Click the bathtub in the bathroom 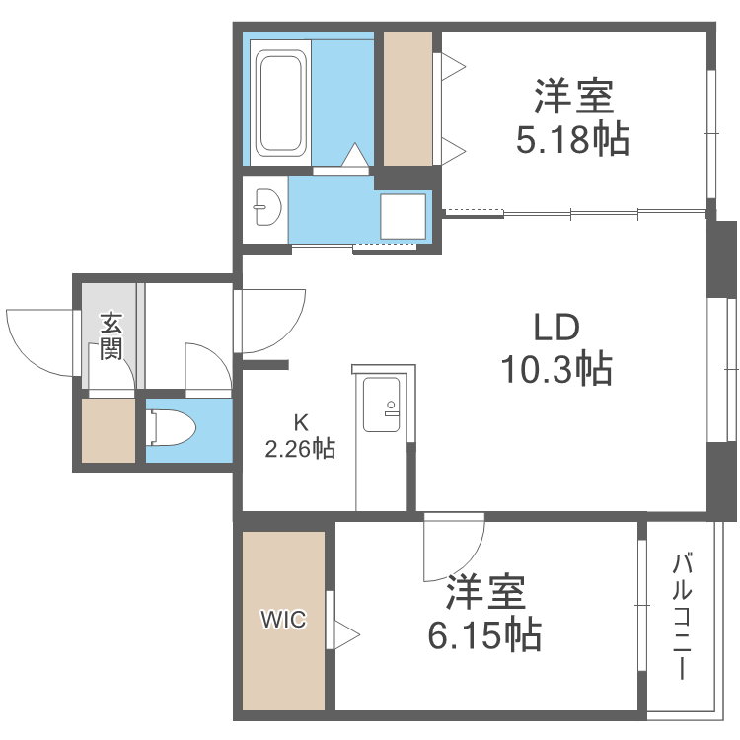(x=280, y=103)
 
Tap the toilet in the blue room (x=170, y=427)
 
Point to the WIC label (x=283, y=620)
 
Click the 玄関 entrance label (x=111, y=335)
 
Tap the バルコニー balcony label (x=681, y=618)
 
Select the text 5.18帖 (x=573, y=141)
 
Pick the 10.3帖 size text (x=556, y=369)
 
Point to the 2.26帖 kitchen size (x=300, y=450)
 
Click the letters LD (x=556, y=327)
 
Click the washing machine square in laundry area (x=403, y=213)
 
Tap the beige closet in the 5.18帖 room (x=407, y=99)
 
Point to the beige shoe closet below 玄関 (x=108, y=430)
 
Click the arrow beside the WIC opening (x=347, y=630)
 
